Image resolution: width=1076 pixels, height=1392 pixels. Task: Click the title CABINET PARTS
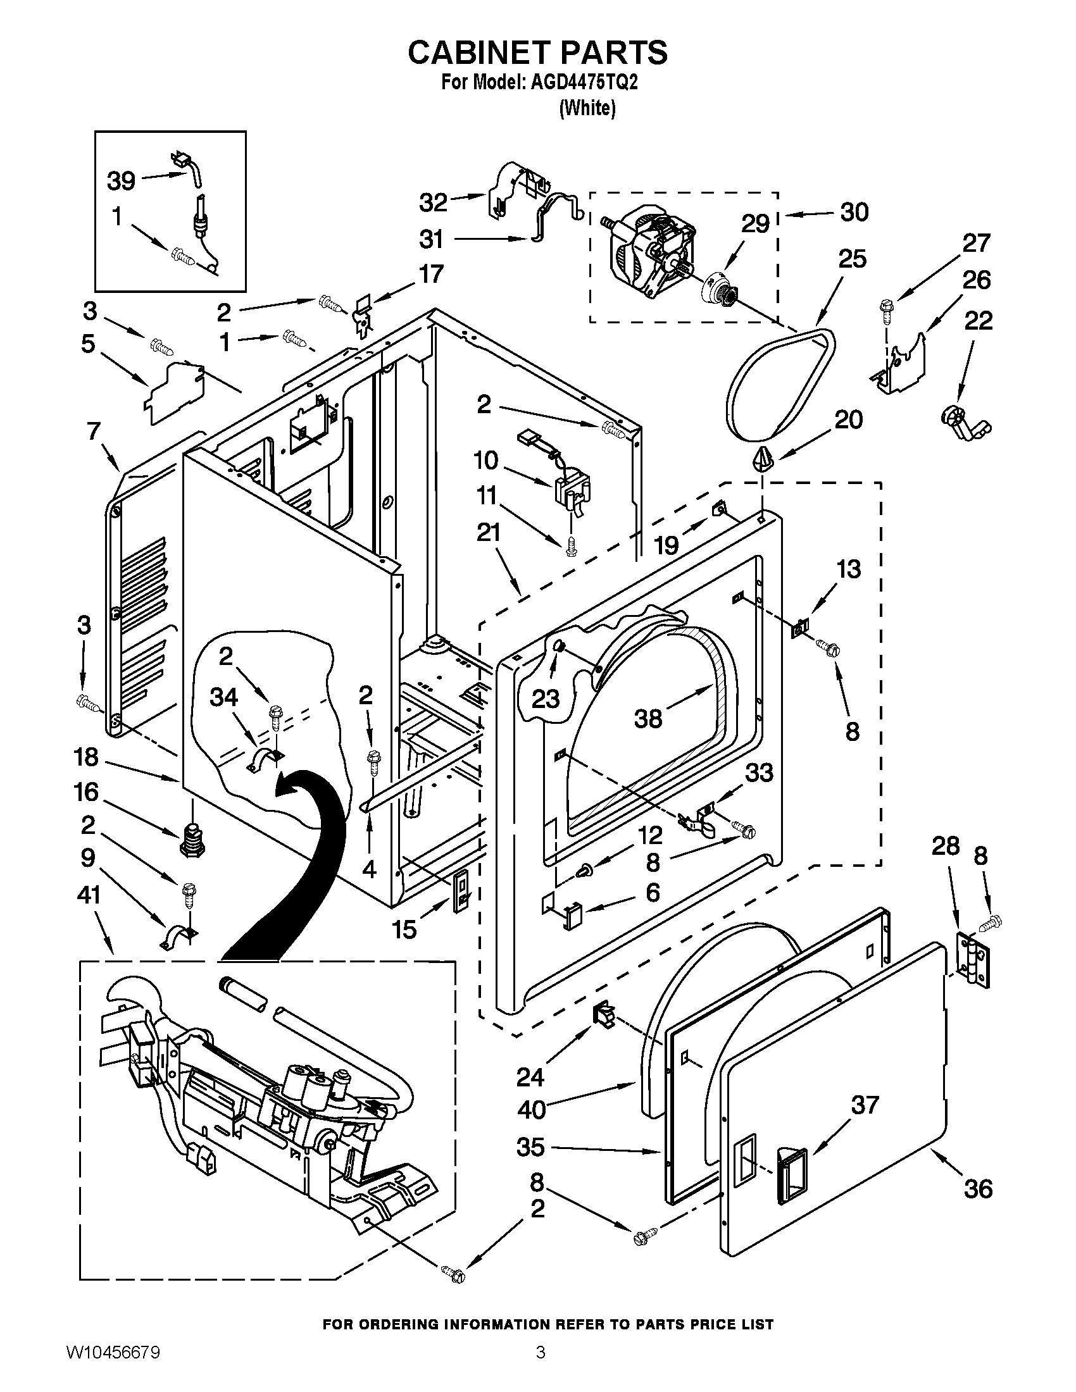[537, 53]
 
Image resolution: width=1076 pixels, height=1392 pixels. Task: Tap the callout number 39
[121, 181]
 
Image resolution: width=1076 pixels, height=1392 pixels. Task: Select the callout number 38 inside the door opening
[648, 718]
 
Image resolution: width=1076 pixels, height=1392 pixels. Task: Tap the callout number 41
[89, 895]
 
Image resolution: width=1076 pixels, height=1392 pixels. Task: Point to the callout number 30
[854, 211]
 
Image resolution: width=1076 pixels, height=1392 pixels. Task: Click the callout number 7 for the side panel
[94, 432]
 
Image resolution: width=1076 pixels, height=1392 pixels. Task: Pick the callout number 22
[978, 320]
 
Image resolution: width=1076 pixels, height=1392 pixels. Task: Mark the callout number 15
[404, 929]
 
